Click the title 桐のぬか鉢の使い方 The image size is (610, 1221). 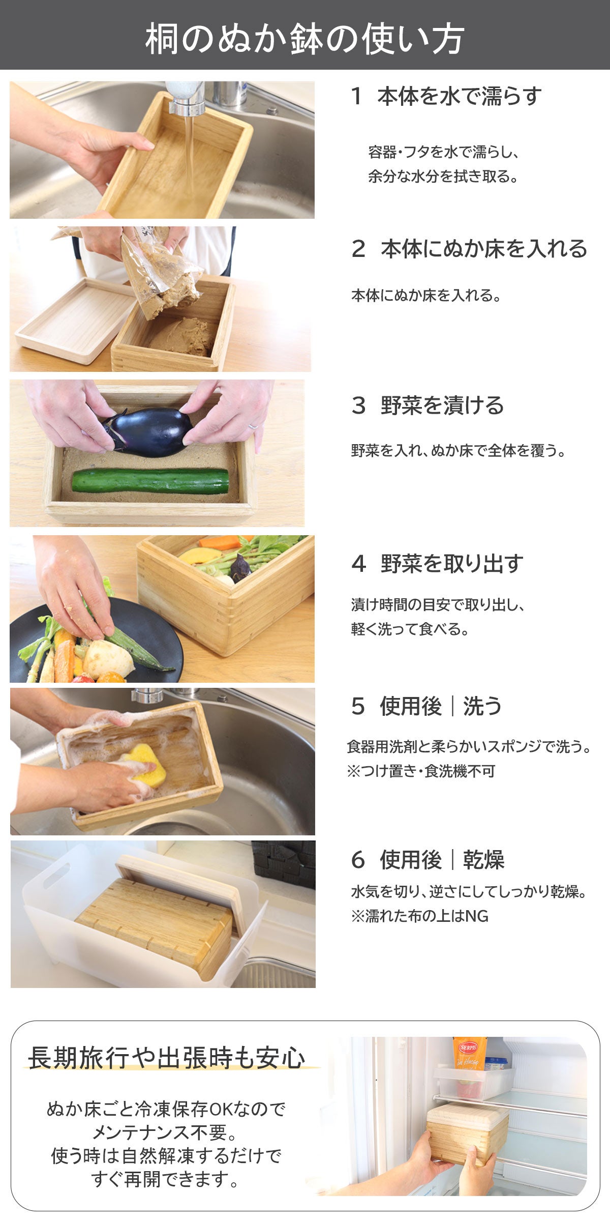click(304, 39)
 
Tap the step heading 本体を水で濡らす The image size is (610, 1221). click(460, 96)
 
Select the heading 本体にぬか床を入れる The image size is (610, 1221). click(484, 249)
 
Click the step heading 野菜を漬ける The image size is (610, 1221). click(442, 405)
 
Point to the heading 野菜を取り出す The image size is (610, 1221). click(452, 563)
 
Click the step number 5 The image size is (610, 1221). click(358, 706)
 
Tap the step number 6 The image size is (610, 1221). click(358, 860)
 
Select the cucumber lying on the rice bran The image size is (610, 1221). click(150, 481)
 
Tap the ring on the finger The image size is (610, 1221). click(253, 426)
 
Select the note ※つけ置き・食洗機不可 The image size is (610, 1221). click(421, 771)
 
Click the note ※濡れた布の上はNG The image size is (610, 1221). click(419, 916)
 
